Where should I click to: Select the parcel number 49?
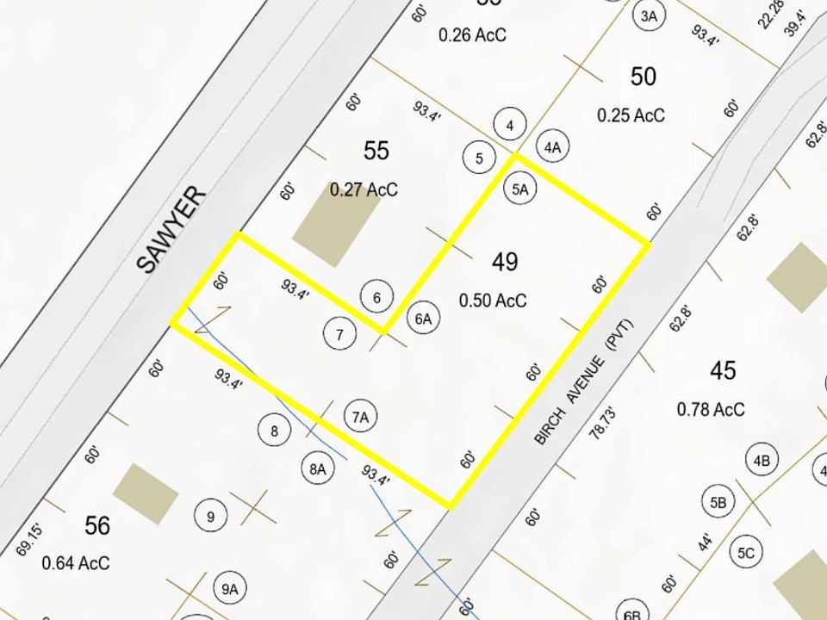505,261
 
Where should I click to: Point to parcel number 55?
376,151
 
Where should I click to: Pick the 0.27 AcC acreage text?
364,189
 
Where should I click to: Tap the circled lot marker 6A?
423,319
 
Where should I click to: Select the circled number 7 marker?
340,334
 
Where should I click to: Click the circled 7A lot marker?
360,417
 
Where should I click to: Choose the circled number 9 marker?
210,517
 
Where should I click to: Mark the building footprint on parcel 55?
325,226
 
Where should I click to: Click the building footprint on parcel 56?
146,493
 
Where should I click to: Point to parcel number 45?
724,370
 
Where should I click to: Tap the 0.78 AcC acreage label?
712,410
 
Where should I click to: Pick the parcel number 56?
97,524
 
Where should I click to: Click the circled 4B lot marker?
762,460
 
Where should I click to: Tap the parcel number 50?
643,77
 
